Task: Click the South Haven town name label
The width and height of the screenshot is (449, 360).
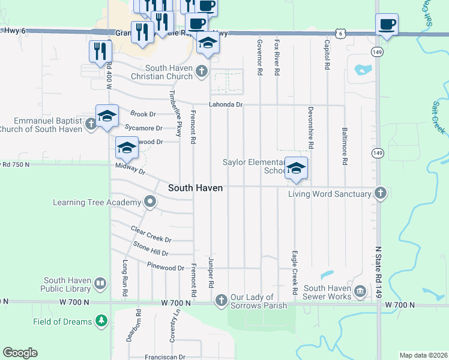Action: pyautogui.click(x=195, y=188)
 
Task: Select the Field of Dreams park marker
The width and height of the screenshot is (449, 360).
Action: pyautogui.click(x=101, y=322)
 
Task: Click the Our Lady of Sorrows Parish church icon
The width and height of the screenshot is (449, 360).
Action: pyautogui.click(x=221, y=299)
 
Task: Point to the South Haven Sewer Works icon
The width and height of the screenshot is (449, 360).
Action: pyautogui.click(x=360, y=292)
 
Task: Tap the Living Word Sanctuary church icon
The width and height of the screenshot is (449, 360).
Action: pyautogui.click(x=380, y=193)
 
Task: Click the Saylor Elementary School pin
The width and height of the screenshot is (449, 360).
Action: pyautogui.click(x=295, y=168)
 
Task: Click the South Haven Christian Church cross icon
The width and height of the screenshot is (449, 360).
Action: pyautogui.click(x=201, y=72)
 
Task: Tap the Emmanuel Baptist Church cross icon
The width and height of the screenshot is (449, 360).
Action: pyautogui.click(x=90, y=124)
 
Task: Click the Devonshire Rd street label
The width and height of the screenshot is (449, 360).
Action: pyautogui.click(x=310, y=128)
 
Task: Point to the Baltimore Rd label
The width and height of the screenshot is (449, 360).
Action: pyautogui.click(x=345, y=146)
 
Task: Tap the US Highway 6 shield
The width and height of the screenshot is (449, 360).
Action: pyautogui.click(x=340, y=34)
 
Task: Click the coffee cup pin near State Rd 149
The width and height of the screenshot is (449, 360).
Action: pyautogui.click(x=387, y=25)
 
